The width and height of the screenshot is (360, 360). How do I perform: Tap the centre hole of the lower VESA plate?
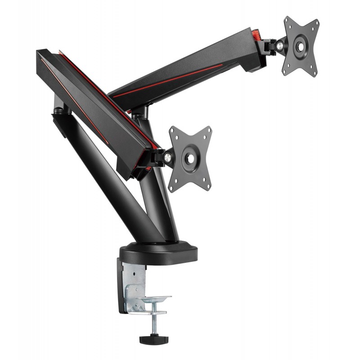click(x=190, y=158)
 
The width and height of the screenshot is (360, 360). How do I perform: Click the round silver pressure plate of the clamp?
click(x=156, y=299)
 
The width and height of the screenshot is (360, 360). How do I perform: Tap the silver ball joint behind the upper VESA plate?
click(x=280, y=45)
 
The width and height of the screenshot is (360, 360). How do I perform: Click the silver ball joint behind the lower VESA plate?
click(x=167, y=157)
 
